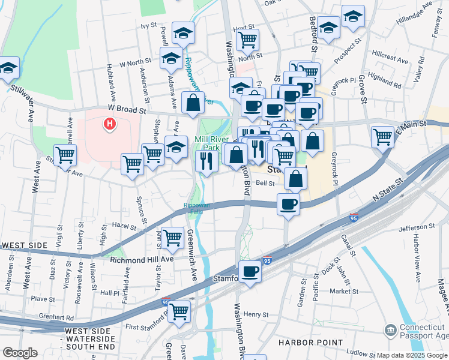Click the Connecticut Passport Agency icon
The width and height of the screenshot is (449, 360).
(x=391, y=331)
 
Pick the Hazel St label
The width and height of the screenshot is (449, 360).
(x=125, y=224)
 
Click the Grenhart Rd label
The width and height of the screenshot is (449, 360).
(x=53, y=317)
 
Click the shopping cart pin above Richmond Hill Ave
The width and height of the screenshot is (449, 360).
(x=172, y=238)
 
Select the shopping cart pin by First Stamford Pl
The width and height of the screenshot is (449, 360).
(x=179, y=312)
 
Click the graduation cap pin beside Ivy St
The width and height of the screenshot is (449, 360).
(x=183, y=34)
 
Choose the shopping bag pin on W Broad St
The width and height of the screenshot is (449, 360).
(x=193, y=103)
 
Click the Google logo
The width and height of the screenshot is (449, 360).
(x=20, y=353)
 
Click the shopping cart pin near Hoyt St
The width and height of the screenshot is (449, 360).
(x=247, y=40)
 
